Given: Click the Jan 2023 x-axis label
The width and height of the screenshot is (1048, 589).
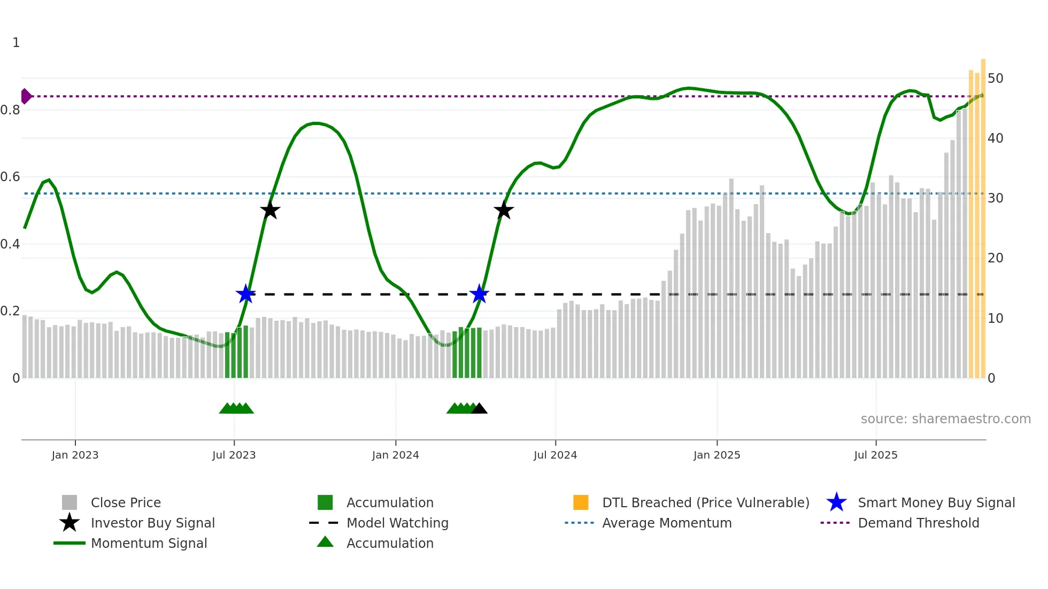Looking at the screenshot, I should [75, 455].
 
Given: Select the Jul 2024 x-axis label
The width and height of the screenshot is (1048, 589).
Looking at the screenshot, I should [555, 455].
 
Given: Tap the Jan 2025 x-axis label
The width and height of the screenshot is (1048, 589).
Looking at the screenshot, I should [716, 455].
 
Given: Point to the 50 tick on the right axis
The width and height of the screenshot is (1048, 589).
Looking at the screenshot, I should [995, 79].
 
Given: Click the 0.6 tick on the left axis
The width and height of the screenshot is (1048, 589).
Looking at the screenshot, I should [10, 177].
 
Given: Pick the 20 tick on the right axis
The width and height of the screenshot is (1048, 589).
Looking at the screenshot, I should [995, 258].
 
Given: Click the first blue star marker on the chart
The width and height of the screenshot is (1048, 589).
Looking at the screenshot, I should [245, 294].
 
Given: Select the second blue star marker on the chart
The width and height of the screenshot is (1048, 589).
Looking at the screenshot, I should [479, 294].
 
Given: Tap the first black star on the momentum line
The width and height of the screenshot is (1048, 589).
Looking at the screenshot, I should [270, 210].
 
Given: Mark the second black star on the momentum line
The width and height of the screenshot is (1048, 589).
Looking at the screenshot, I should [503, 210].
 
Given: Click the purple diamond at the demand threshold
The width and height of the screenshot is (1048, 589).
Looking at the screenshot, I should [26, 96].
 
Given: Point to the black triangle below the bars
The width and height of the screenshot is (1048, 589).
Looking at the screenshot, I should [479, 408].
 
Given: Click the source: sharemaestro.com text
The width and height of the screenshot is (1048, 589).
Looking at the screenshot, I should [945, 419].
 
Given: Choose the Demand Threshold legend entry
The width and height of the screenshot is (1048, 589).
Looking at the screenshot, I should [918, 523].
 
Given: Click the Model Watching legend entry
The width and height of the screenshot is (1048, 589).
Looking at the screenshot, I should [397, 523].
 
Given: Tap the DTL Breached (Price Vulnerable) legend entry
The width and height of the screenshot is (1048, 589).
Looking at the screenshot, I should [705, 503].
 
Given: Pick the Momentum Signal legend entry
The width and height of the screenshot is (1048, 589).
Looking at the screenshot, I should [149, 544].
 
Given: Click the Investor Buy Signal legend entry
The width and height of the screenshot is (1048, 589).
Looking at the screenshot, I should [152, 523].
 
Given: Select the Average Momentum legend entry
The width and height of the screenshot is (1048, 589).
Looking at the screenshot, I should [666, 523].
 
